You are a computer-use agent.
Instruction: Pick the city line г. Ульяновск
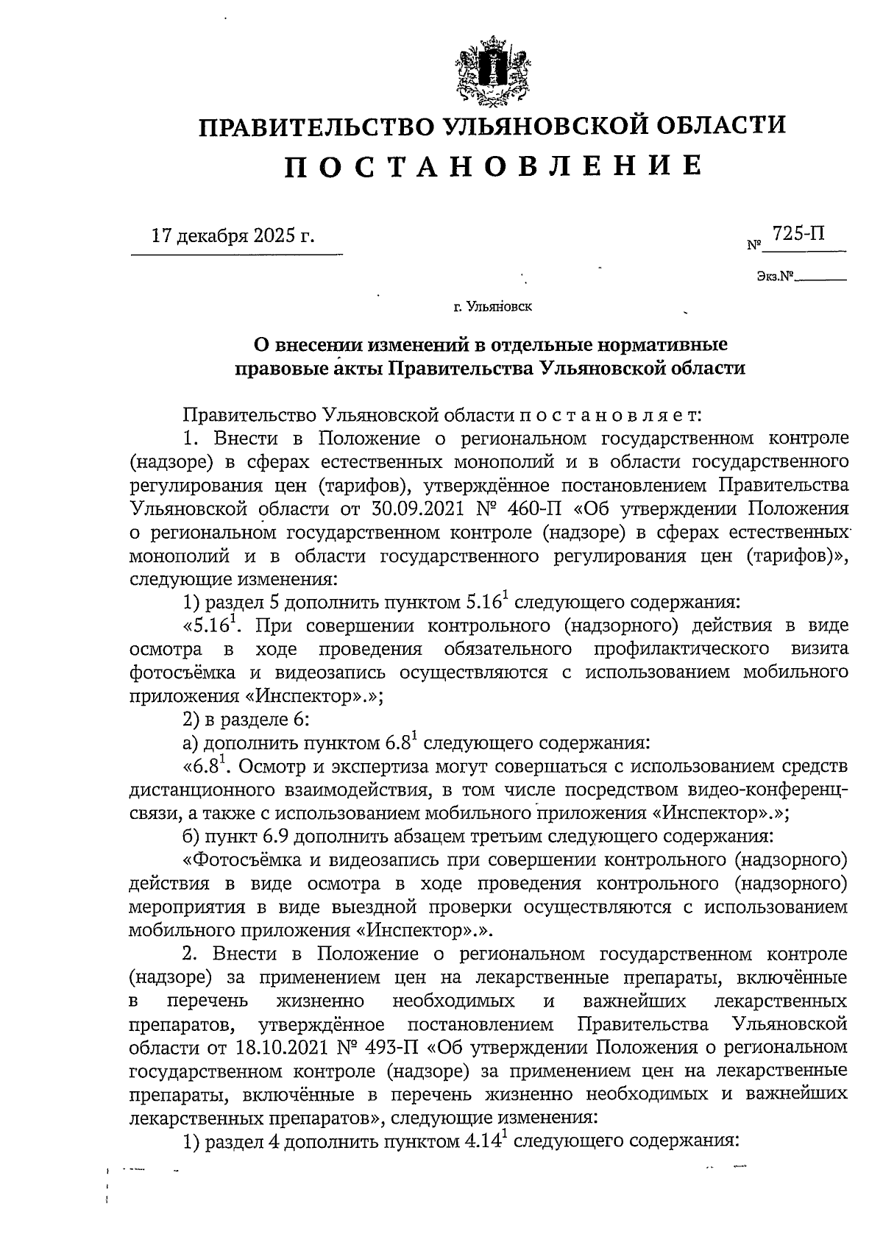tap(493, 306)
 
